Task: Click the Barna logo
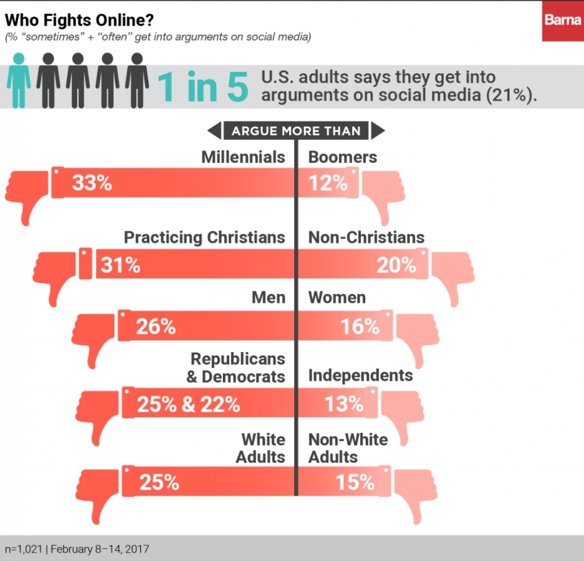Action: (563, 21)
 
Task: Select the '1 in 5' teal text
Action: (202, 88)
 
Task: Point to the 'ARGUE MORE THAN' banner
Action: (295, 130)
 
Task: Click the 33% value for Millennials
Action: (92, 184)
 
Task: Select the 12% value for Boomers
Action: (329, 184)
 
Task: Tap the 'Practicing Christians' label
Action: (204, 238)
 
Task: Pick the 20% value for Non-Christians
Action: (397, 264)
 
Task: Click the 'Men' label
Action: (269, 298)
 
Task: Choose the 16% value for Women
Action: (360, 327)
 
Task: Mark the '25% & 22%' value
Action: (188, 405)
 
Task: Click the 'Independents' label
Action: (360, 376)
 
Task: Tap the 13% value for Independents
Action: (344, 405)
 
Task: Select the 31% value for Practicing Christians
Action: (121, 264)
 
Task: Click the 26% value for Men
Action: (155, 327)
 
